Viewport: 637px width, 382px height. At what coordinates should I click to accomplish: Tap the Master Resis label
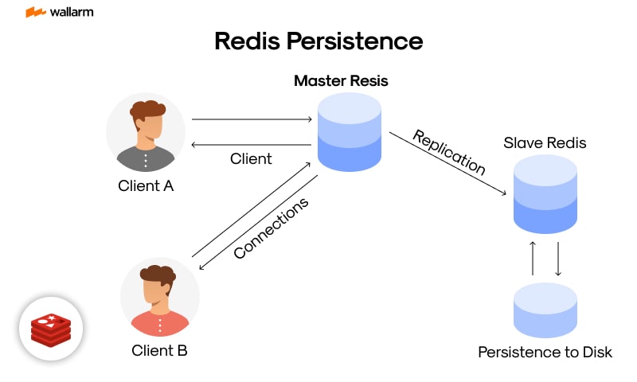tap(341, 81)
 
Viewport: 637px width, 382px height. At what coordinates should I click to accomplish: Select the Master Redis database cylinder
tap(349, 131)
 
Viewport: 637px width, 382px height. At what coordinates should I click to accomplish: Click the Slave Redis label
tap(545, 143)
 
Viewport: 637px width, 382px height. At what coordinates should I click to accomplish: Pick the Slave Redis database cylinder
tap(545, 194)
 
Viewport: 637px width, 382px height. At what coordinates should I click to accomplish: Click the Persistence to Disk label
tap(545, 351)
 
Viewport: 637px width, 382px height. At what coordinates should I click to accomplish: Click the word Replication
tap(448, 152)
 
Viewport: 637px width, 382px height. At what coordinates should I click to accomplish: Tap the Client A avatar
tap(146, 132)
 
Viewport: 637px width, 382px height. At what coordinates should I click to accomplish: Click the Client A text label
tap(146, 186)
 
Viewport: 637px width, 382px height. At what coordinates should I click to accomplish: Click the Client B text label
tap(159, 349)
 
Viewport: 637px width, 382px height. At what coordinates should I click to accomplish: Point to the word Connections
tap(271, 228)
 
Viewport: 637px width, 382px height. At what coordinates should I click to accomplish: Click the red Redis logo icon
tap(51, 329)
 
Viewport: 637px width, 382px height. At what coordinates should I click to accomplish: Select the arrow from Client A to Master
tap(252, 119)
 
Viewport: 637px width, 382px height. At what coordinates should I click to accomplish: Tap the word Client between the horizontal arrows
tap(251, 158)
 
